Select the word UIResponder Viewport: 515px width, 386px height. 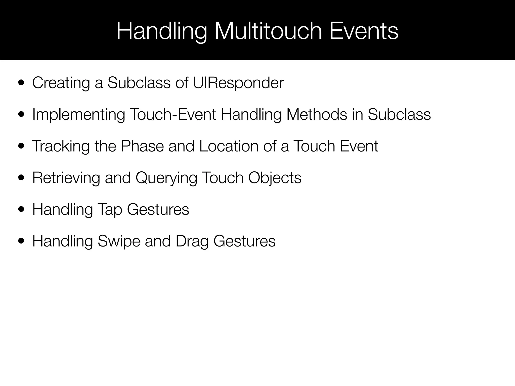click(238, 83)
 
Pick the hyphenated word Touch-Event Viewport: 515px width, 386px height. click(173, 114)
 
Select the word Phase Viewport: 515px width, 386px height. click(142, 146)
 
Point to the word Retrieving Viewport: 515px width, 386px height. click(66, 178)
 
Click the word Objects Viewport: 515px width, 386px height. click(275, 178)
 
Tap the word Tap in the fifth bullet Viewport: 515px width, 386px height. click(110, 210)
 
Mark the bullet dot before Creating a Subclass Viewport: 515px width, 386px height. click(21, 83)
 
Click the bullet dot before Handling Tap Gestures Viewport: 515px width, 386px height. click(21, 210)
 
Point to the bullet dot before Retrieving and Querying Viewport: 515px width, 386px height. click(21, 178)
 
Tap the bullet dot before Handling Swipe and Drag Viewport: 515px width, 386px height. click(21, 241)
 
